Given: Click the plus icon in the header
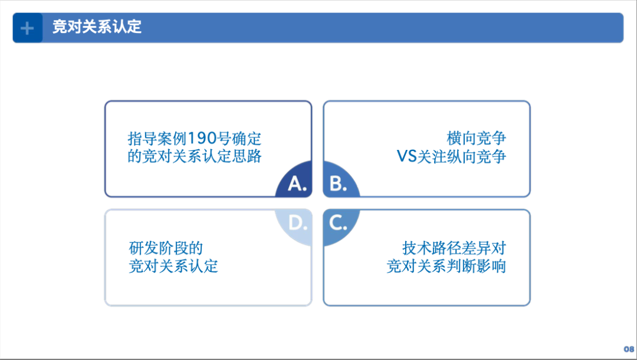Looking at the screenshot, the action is point(27,28).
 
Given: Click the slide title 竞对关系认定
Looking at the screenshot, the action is point(97,27).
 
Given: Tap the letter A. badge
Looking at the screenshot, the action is point(294,179).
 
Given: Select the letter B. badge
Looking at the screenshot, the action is point(342,179).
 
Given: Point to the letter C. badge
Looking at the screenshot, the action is point(342,228).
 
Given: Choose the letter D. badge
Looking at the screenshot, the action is point(294,228).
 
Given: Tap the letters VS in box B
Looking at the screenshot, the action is point(406,156).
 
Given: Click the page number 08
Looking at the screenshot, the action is point(629,349).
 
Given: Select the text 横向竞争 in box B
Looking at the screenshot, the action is point(477,139).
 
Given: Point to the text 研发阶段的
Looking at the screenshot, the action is point(166,248).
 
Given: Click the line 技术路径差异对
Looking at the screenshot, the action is point(454,248).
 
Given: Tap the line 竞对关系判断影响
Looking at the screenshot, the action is point(446,266).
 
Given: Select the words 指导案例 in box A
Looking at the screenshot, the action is point(157,139).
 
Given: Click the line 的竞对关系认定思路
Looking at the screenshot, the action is point(195,156).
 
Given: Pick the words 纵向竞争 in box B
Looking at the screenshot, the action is point(477,156).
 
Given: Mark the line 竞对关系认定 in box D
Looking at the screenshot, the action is point(173,266).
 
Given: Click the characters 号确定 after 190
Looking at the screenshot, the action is point(239,139).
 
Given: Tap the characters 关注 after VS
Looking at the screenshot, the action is point(432,156).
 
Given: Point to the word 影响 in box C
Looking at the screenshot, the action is point(491,266).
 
